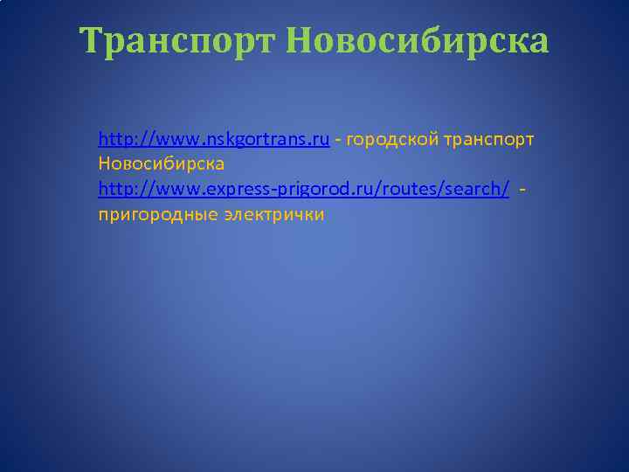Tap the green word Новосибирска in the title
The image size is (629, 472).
(x=418, y=40)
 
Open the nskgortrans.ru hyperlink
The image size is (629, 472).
(x=214, y=139)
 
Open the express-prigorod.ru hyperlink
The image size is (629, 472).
(x=304, y=190)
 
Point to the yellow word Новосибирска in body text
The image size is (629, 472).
(x=162, y=164)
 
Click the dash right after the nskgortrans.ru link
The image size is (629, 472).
(x=337, y=140)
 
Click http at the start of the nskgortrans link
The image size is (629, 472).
(x=114, y=139)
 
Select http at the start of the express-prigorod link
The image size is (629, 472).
(x=114, y=190)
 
